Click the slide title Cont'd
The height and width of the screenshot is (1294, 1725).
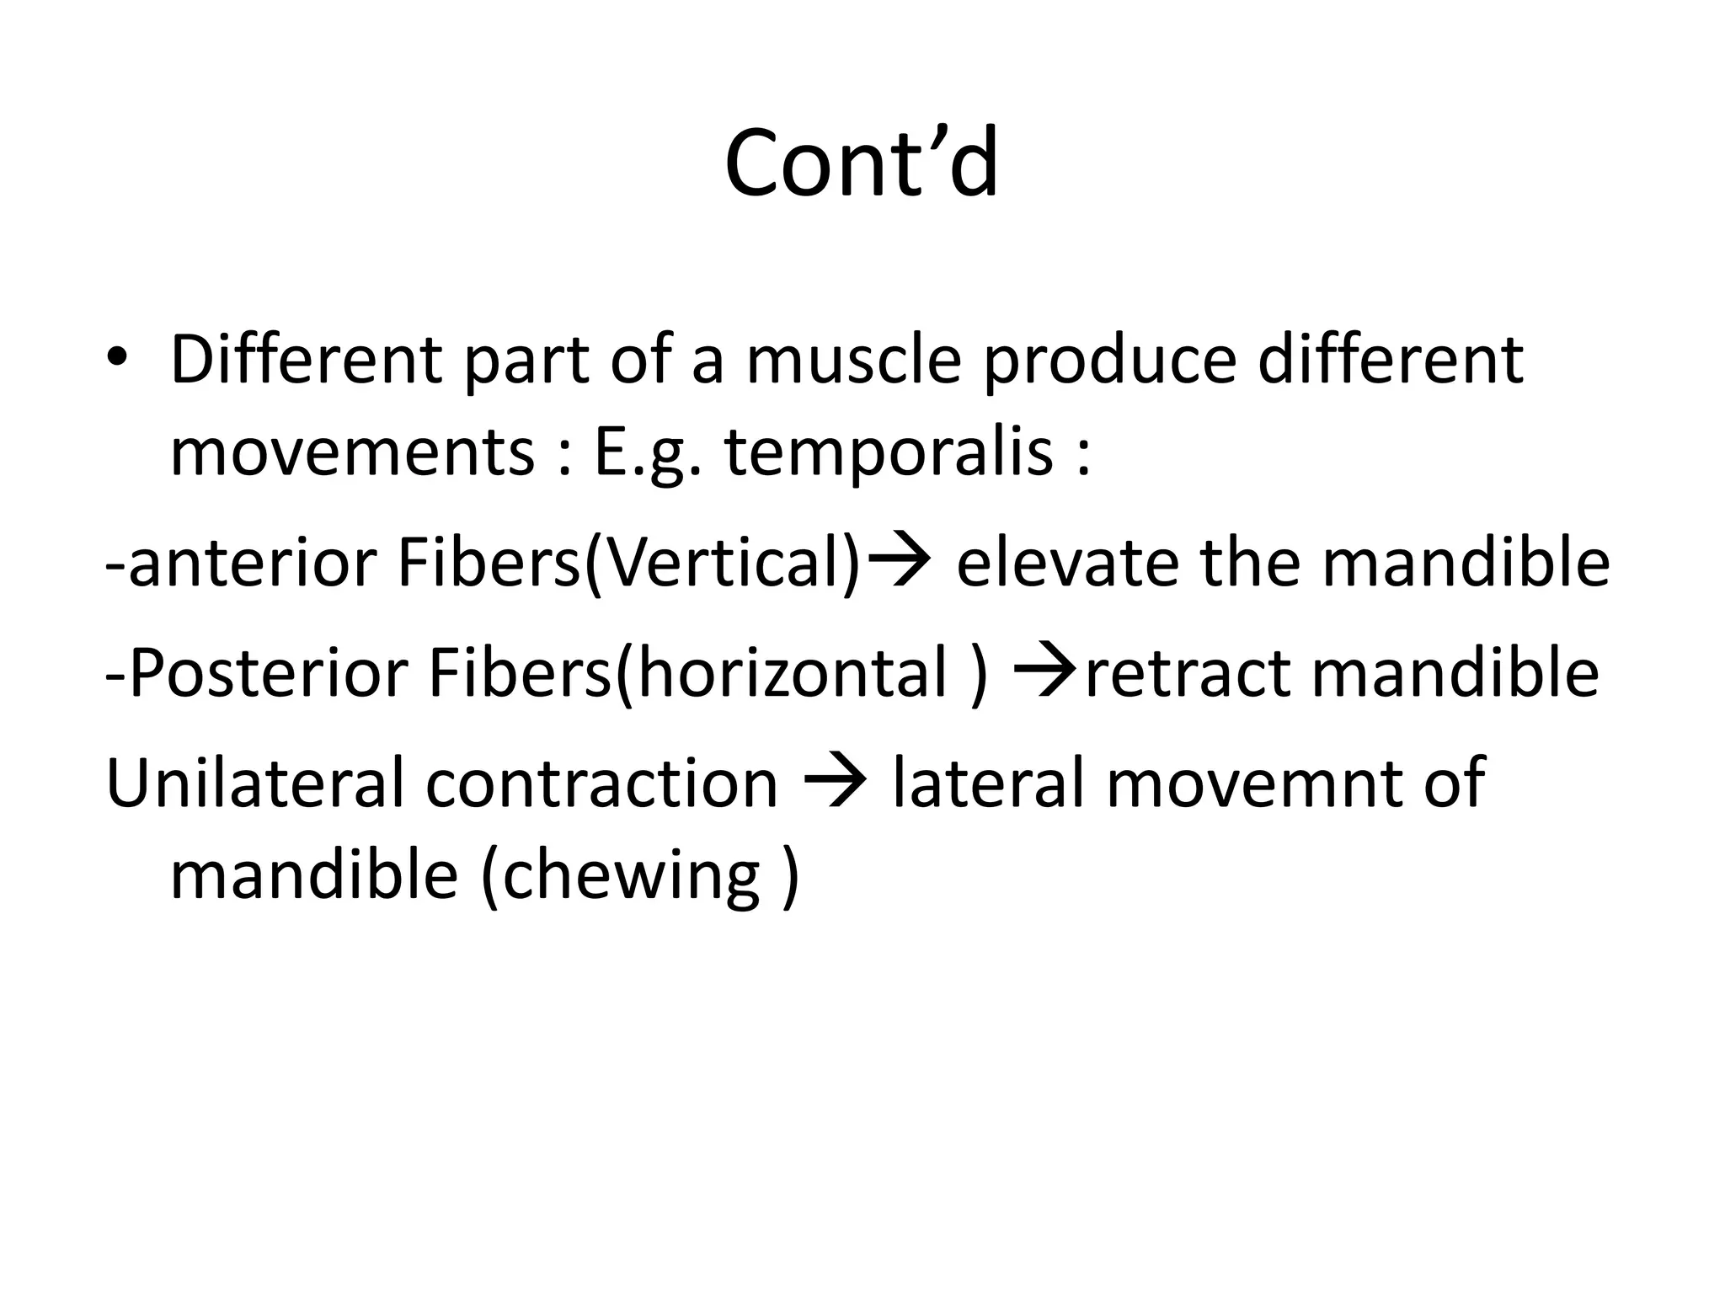[861, 163]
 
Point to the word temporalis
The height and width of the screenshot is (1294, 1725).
[889, 453]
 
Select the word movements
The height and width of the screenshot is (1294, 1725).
[352, 452]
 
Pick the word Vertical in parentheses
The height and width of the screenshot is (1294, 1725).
[727, 563]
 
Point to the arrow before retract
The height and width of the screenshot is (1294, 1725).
[1046, 670]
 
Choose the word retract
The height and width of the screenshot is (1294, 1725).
[1188, 673]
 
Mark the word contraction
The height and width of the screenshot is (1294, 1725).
[601, 783]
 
